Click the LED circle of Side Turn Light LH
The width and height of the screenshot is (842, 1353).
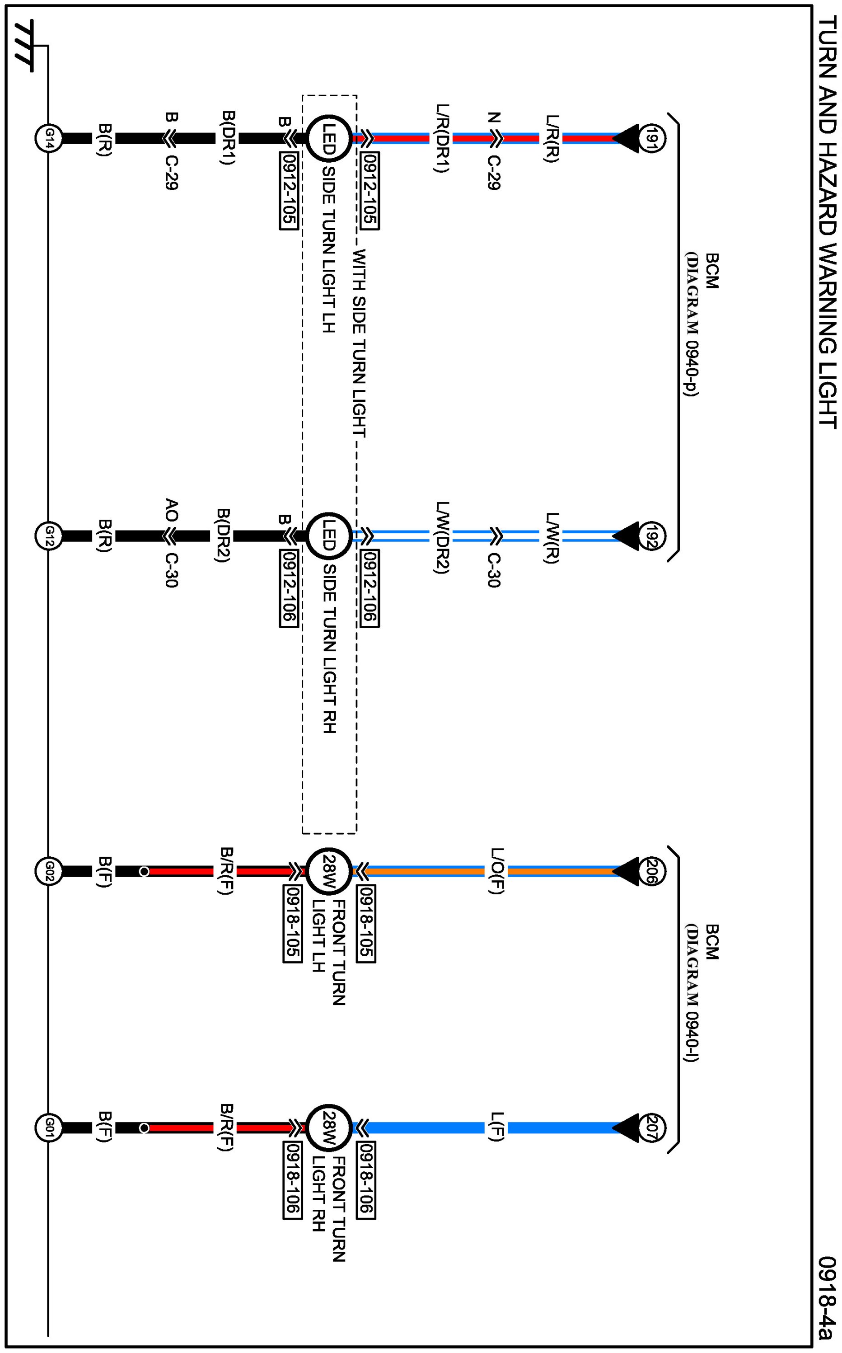pyautogui.click(x=328, y=138)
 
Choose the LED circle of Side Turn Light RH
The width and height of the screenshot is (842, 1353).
pyautogui.click(x=328, y=536)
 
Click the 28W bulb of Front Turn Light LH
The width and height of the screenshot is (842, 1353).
pyautogui.click(x=328, y=871)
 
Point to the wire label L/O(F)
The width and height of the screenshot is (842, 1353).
pyautogui.click(x=496, y=871)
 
